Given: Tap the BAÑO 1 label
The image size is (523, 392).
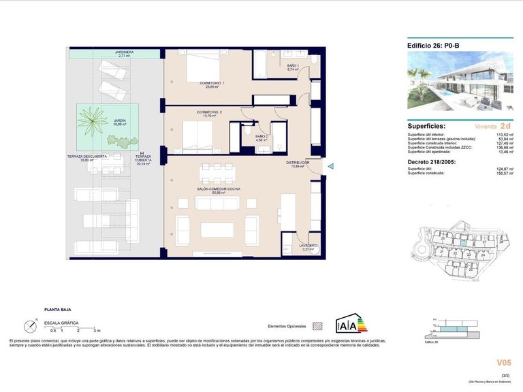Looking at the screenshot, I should pyautogui.click(x=294, y=67).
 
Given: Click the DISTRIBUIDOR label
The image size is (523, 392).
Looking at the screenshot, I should pyautogui.click(x=298, y=164).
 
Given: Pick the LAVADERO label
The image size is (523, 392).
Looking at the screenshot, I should pyautogui.click(x=308, y=247).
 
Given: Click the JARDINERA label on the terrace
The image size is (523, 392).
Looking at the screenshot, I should pyautogui.click(x=123, y=52).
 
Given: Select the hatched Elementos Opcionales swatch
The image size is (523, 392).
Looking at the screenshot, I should pyautogui.click(x=316, y=326).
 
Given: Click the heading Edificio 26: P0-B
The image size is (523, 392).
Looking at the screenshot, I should pyautogui.click(x=434, y=46).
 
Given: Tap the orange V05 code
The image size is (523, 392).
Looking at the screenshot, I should pyautogui.click(x=503, y=362).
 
